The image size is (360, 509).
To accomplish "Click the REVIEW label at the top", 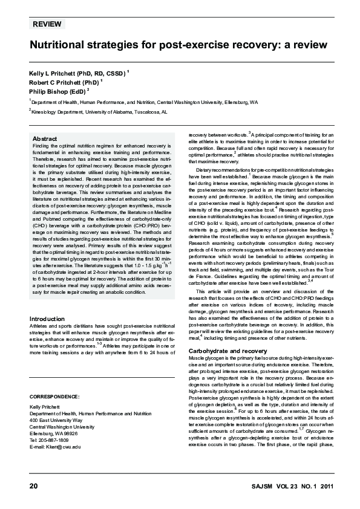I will point(46,25).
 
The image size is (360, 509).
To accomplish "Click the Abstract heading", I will point(45,138).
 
